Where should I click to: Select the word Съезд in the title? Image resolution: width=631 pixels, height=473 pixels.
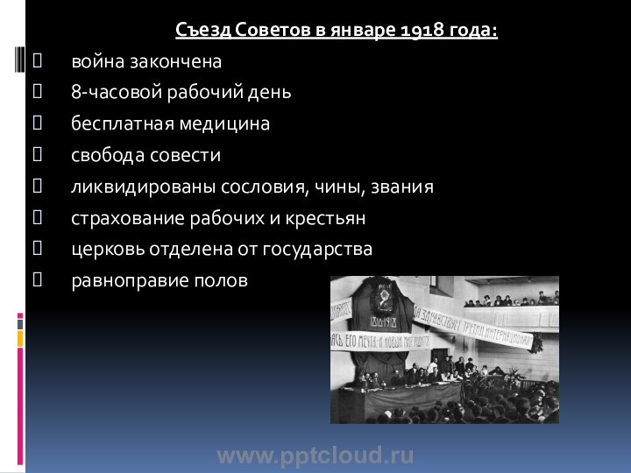click(195, 32)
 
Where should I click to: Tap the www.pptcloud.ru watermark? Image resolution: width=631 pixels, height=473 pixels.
click(315, 455)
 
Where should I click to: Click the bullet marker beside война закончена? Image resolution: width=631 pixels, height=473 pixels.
click(35, 62)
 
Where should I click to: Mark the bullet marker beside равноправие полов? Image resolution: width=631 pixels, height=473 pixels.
click(35, 281)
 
